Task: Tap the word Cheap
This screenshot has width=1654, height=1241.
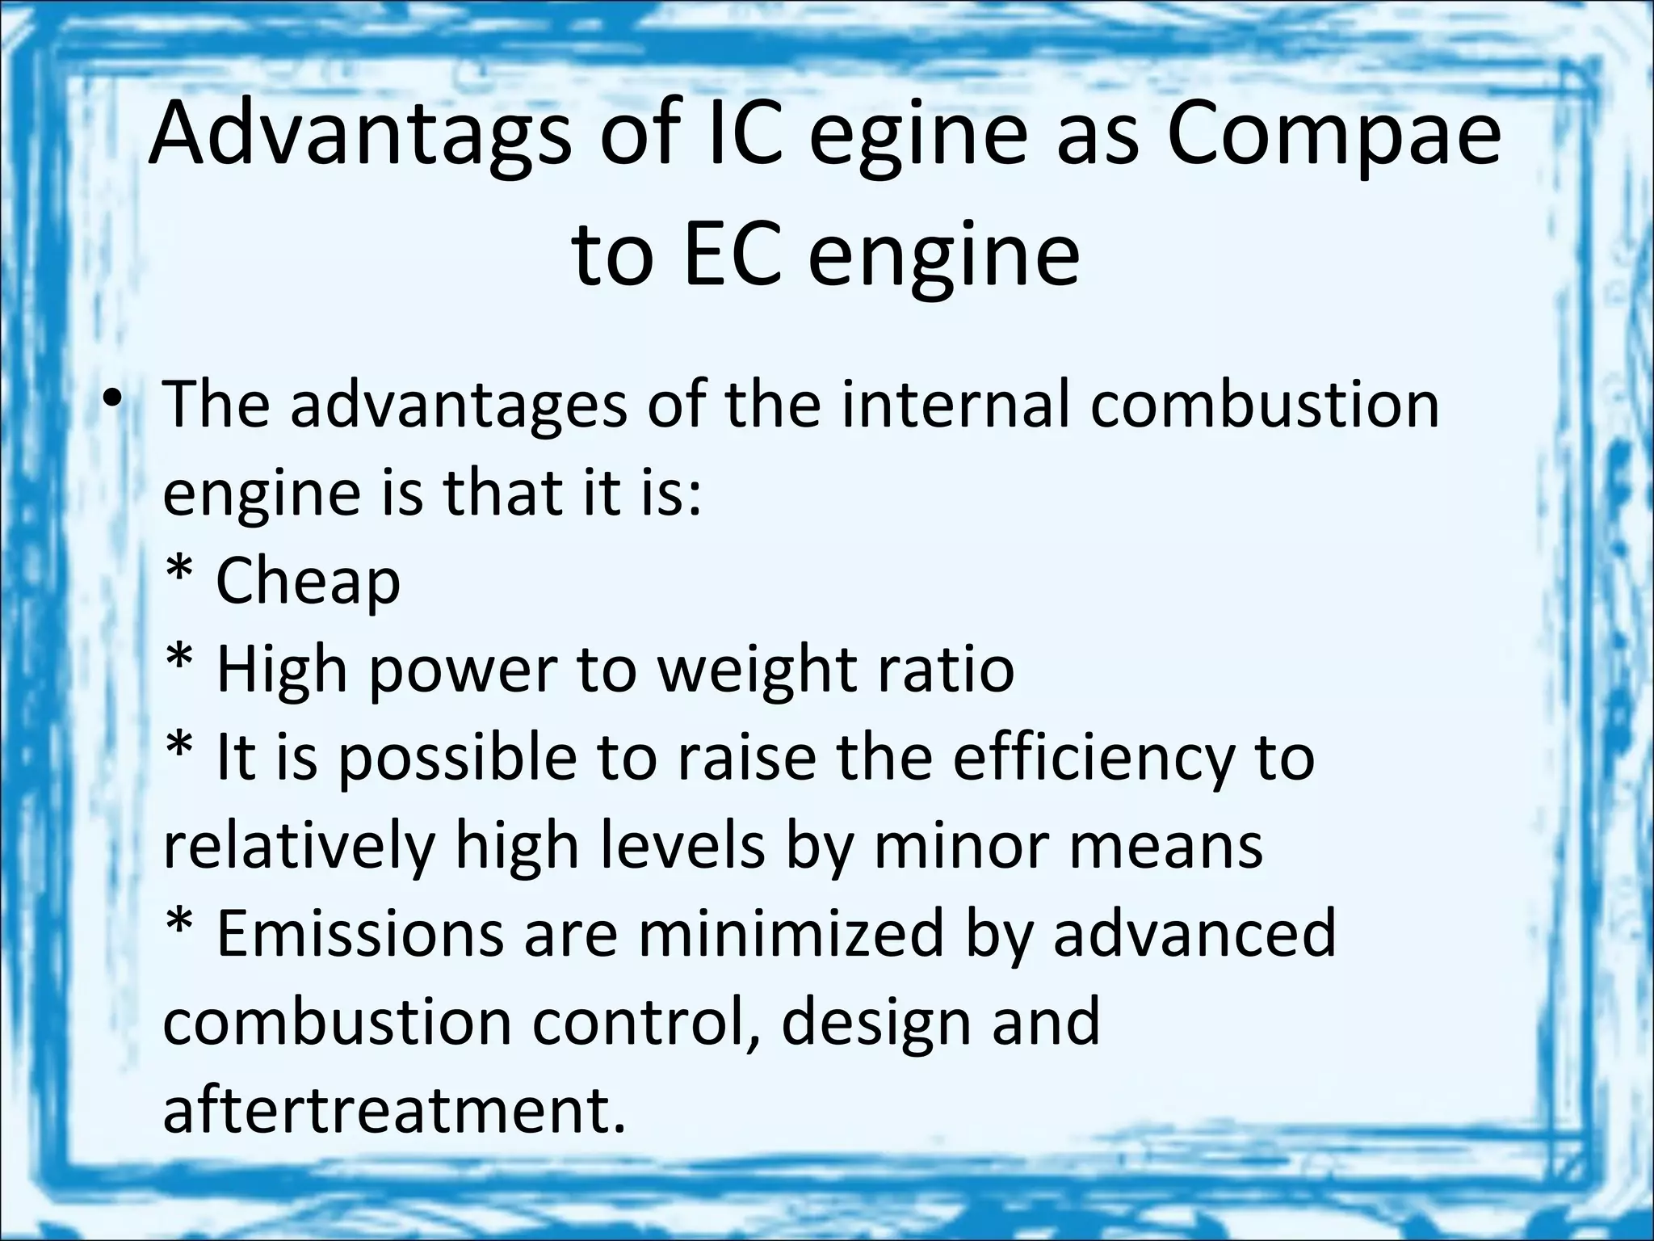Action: coord(308,580)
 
